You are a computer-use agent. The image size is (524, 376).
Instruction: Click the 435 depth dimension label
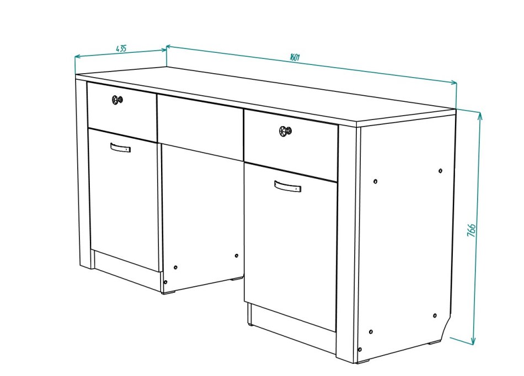pos(121,48)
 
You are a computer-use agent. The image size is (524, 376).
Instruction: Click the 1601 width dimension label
pos(295,57)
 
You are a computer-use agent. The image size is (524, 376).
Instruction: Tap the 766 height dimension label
pos(471,230)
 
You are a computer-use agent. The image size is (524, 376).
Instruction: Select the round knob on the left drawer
pos(117,99)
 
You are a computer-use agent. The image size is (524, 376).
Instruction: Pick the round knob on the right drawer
pos(285,131)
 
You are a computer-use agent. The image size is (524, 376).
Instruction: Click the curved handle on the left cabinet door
pos(120,147)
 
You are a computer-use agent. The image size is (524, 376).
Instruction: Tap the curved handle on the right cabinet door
pos(287,186)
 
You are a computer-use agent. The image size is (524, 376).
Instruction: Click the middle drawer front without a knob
pos(200,128)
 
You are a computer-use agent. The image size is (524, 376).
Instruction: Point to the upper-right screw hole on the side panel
pos(441,171)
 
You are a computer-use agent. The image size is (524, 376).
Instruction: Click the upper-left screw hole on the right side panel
pos(375,182)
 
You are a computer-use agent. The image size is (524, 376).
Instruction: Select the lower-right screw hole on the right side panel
pos(435,315)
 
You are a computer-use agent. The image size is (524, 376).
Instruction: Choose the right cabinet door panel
pos(290,247)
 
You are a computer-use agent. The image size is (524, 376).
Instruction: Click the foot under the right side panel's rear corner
pos(435,342)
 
